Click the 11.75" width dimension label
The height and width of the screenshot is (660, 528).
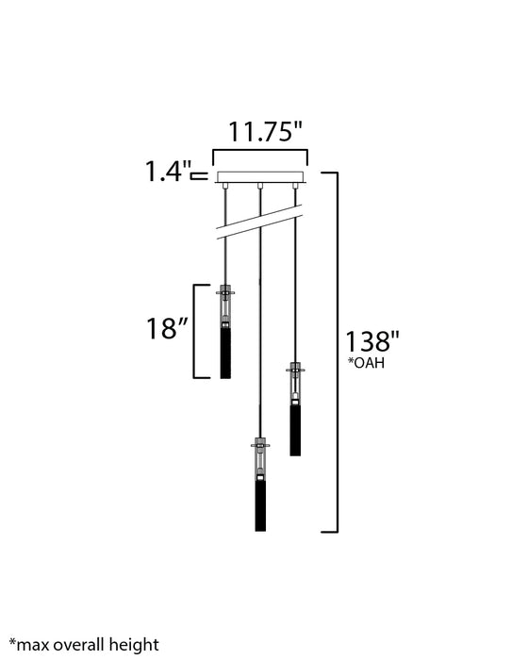[265, 132]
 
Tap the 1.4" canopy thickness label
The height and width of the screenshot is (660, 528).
[168, 172]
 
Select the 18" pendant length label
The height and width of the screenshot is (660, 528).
[167, 328]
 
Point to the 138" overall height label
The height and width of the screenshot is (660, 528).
[371, 341]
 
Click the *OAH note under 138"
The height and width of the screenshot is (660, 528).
[366, 363]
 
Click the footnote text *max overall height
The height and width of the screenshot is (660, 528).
[84, 645]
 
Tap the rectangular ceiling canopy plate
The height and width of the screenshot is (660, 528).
[260, 177]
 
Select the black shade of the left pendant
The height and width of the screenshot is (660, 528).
[225, 353]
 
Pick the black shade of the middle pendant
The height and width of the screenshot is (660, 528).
[260, 505]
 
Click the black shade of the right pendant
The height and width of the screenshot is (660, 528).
[295, 430]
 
